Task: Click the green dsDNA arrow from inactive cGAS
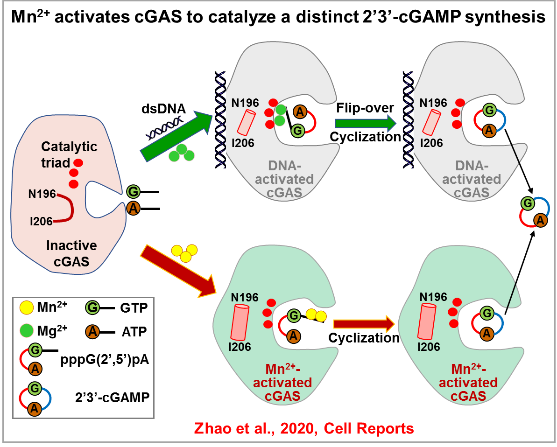[176, 136]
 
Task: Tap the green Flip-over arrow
[366, 123]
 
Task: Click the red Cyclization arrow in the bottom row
[364, 324]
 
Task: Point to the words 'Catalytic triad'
[69, 154]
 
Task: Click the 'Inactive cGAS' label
[71, 253]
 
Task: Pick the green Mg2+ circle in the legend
[27, 331]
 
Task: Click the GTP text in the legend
[134, 308]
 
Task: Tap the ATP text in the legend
[134, 332]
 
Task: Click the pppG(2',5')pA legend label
[105, 360]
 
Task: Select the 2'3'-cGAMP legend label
[112, 397]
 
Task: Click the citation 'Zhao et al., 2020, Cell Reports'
[304, 428]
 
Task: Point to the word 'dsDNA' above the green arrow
[163, 109]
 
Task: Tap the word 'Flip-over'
[365, 108]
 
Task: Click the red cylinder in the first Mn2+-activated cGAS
[240, 322]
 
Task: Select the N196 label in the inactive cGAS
[42, 194]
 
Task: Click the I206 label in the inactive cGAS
[41, 221]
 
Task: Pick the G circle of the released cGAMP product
[528, 203]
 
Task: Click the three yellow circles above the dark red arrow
[184, 253]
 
